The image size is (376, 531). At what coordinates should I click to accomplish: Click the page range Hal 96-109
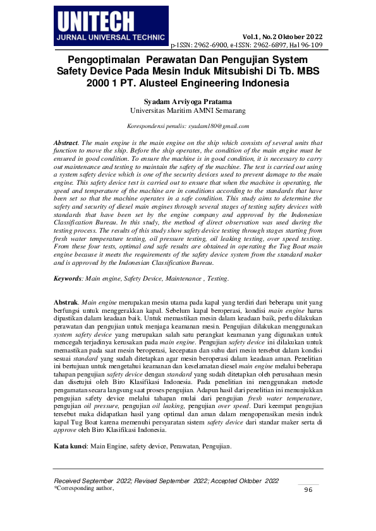click(308, 45)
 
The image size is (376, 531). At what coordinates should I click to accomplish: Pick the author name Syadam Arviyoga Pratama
click(188, 101)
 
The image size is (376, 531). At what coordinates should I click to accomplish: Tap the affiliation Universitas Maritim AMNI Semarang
click(188, 110)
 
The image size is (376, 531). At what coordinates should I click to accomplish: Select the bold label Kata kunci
click(70, 446)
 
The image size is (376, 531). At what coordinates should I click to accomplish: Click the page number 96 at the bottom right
click(308, 490)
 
